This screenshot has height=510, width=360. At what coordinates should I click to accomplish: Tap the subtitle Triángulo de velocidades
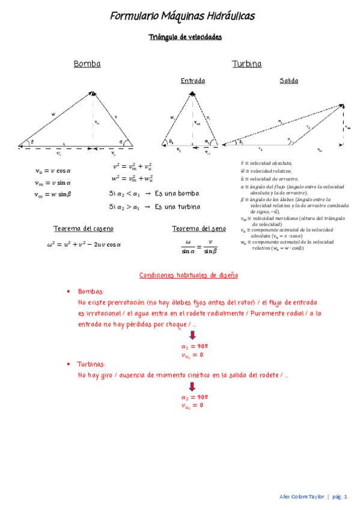click(x=185, y=37)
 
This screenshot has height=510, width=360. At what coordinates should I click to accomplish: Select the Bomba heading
click(x=87, y=64)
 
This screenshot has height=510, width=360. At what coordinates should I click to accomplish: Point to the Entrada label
click(x=192, y=81)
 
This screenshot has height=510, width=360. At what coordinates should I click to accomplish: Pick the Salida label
click(x=289, y=81)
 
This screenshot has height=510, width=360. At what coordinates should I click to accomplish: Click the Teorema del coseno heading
click(x=84, y=229)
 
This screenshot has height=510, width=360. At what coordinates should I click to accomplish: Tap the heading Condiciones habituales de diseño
click(x=189, y=275)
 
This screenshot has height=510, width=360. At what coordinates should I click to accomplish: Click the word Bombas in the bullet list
click(x=91, y=291)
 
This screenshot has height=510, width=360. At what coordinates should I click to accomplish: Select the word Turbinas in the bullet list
click(x=93, y=364)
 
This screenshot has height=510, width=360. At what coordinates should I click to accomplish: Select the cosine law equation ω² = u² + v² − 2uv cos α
click(x=84, y=245)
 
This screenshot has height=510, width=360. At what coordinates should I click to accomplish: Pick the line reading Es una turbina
click(x=178, y=207)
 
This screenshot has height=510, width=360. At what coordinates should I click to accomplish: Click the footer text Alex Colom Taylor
click(x=302, y=497)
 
